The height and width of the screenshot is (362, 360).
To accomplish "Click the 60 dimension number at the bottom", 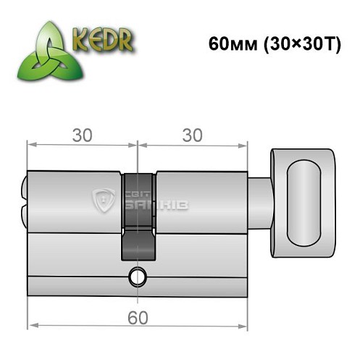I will pos(135,316).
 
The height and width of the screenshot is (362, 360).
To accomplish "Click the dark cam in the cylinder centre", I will pos(137,217).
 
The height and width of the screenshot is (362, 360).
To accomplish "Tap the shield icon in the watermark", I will pos(105,201).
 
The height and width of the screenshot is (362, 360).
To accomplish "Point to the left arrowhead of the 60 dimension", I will pos(31,327).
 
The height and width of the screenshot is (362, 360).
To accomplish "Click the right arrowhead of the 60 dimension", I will pos(242,327).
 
